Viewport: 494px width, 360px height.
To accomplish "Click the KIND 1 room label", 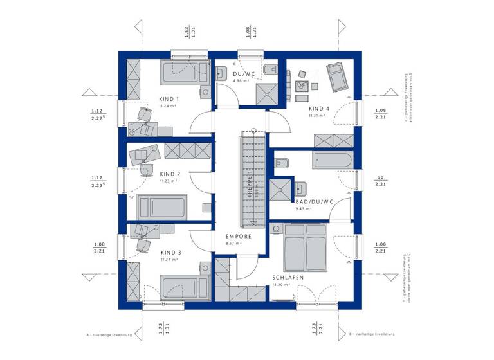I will [x=169, y=99].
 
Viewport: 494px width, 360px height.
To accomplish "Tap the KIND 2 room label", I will [x=170, y=174].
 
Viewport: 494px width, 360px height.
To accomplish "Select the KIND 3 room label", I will [x=170, y=252].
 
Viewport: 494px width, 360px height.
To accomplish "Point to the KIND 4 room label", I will [x=319, y=109].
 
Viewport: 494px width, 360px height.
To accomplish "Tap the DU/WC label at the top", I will [x=244, y=75].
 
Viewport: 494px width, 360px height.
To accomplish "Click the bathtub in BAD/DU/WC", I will [x=332, y=161].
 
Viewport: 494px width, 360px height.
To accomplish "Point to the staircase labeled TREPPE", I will [x=253, y=179].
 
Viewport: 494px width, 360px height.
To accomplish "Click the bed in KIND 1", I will [x=183, y=72].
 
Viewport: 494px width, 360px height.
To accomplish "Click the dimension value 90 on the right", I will [x=381, y=177].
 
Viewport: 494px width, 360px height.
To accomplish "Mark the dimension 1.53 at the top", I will [x=186, y=30].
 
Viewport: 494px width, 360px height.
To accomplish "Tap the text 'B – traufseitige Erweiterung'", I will [x=372, y=335].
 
